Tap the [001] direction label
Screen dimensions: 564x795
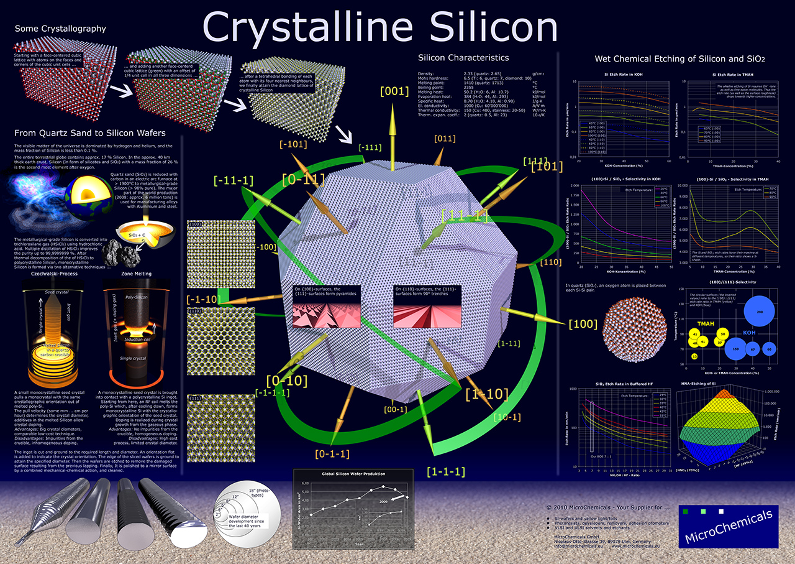(394, 91)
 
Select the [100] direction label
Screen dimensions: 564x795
(582, 324)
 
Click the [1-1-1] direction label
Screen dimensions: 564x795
(446, 471)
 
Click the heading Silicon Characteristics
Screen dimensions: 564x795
(463, 58)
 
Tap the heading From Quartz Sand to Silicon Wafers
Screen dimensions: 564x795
(89, 133)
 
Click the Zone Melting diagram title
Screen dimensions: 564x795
(137, 274)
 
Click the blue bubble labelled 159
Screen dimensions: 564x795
(736, 349)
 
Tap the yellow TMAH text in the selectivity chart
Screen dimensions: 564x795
(706, 323)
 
